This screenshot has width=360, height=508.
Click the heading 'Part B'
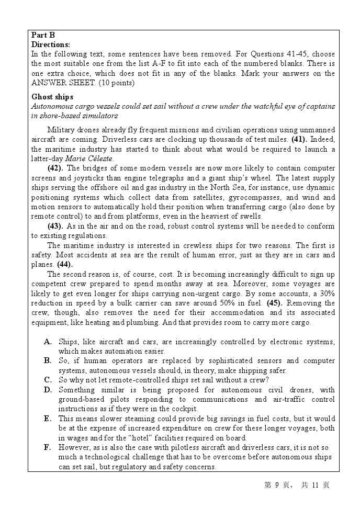(x=43, y=36)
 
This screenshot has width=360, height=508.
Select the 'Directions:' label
(x=51, y=45)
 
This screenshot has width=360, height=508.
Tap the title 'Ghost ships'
(x=52, y=97)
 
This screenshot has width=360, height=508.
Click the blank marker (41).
(x=298, y=140)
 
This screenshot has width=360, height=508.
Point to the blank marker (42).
(x=55, y=168)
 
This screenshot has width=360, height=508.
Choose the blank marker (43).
(x=55, y=227)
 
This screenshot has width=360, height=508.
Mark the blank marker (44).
(x=65, y=265)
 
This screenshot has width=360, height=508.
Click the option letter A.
(x=48, y=342)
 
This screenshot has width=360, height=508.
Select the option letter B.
(x=48, y=360)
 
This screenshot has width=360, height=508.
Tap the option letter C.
(x=48, y=380)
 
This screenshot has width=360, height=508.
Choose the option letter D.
(x=48, y=390)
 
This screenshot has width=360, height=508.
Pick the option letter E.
(x=48, y=419)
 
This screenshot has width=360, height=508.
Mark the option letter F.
(x=48, y=447)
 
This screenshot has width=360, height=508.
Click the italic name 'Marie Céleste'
(x=89, y=159)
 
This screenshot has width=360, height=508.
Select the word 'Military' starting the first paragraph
(x=61, y=130)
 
